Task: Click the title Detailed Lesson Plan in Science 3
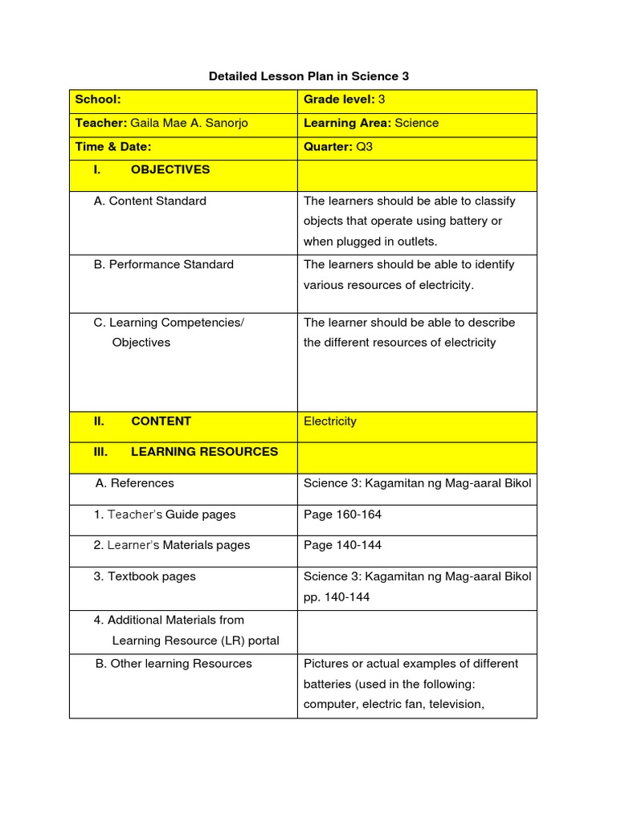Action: (308, 76)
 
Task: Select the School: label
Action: (97, 100)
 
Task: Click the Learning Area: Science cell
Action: (371, 124)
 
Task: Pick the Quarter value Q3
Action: (365, 147)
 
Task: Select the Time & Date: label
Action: (112, 147)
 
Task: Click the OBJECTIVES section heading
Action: (170, 169)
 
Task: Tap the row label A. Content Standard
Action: (149, 201)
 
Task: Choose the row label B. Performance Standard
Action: (163, 264)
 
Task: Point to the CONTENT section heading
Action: (161, 421)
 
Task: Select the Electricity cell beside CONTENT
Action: (330, 421)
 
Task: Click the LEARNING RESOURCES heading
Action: (204, 451)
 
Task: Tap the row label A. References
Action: (134, 483)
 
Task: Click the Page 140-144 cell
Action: (342, 545)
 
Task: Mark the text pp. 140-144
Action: (337, 597)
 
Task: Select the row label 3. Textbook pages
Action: (145, 576)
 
